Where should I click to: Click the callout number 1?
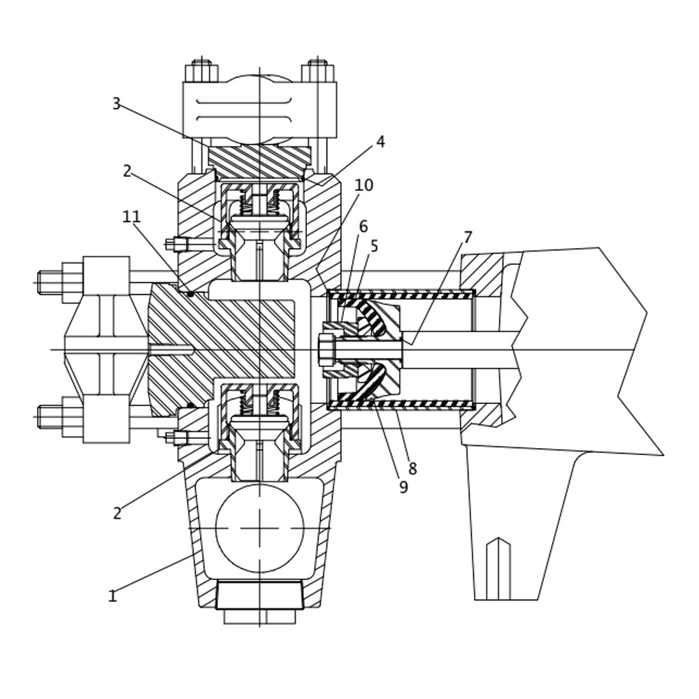112,596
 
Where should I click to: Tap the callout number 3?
116,104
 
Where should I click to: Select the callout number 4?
380,142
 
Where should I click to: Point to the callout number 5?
374,246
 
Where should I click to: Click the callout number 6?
363,226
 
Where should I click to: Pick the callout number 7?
468,238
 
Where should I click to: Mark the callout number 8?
412,469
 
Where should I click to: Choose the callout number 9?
403,487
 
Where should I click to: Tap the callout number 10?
363,185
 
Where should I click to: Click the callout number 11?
131,217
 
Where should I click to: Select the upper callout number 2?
127,171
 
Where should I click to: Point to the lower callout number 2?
117,514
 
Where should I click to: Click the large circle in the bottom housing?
259,528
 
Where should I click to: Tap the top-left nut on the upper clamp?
201,71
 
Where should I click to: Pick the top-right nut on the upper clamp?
317,71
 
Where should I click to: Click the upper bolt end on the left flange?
50,282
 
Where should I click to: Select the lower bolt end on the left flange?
50,417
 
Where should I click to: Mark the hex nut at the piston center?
326,349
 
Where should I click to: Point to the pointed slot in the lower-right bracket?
498,569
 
